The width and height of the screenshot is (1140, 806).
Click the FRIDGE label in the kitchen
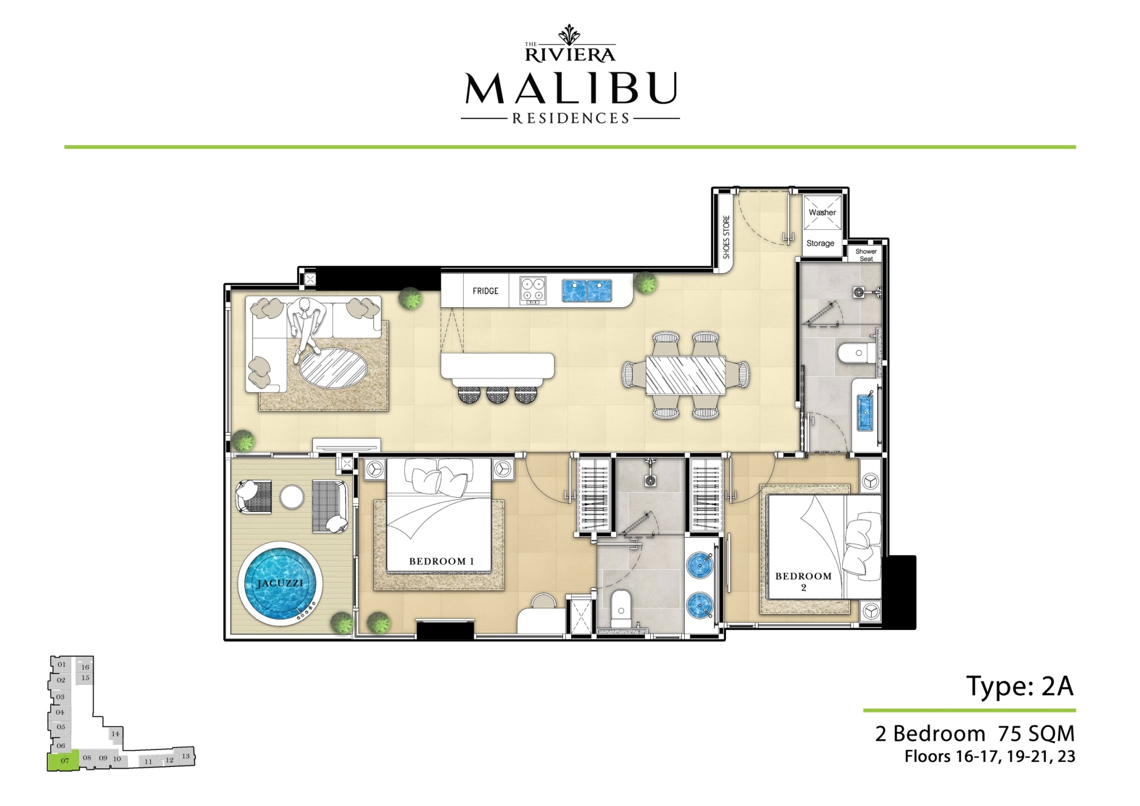coord(485,291)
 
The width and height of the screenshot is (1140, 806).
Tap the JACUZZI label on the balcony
coord(280,583)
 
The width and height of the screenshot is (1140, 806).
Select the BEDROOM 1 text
coord(441,561)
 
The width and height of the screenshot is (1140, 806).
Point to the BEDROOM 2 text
coord(803,581)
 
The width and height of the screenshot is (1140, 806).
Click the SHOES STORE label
coord(726,237)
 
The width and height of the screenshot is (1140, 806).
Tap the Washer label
coord(822,212)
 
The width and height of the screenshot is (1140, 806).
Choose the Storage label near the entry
coord(820,243)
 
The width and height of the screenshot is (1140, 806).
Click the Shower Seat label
coord(866,255)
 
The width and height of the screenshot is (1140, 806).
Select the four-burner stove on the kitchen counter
coord(533,291)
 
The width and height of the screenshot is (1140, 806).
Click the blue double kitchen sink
coord(587,291)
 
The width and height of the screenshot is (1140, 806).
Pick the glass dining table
coord(686,375)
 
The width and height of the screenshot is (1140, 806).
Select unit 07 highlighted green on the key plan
coord(63,760)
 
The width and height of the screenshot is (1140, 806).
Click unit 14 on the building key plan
coord(115,734)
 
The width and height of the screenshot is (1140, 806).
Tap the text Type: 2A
coord(1020,686)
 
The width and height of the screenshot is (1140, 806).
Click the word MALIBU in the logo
coord(571,88)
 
